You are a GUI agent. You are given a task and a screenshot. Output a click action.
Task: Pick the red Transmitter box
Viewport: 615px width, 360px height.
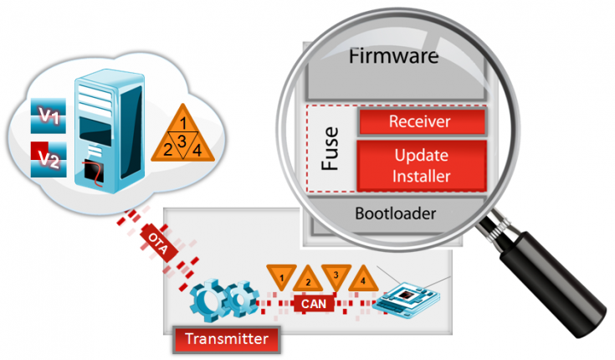click(x=225, y=338)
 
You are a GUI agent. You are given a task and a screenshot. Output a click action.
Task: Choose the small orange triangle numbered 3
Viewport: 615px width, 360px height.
click(x=336, y=275)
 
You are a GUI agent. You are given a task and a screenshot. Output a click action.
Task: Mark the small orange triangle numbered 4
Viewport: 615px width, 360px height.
click(x=362, y=279)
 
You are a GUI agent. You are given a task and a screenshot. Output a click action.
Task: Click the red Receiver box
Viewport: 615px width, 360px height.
click(x=420, y=121)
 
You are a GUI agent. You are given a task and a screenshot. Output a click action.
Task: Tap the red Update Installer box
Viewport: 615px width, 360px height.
click(x=420, y=165)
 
